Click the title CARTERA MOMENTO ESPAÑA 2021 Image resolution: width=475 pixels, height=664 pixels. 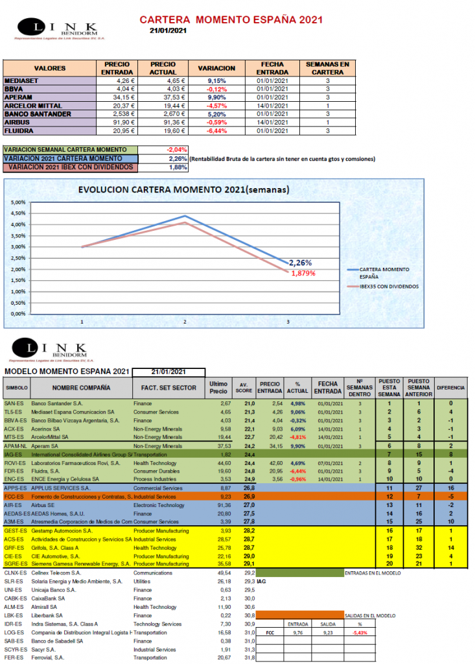pos(231,21)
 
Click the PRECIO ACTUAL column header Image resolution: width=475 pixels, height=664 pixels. pos(163,67)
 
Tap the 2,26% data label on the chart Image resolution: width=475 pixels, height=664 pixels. pos(300,263)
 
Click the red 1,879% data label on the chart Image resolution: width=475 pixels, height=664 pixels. pos(301,273)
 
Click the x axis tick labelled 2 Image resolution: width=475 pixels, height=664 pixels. pos(185,321)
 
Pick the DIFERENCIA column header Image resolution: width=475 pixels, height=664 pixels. pos(451,388)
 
